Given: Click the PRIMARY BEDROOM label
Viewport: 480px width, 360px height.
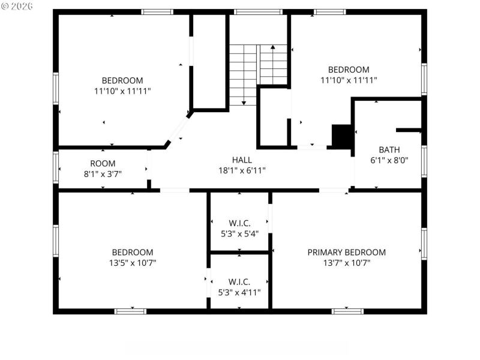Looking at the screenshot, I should (x=346, y=252).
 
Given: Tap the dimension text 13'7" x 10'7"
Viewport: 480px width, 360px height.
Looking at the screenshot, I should (x=346, y=262).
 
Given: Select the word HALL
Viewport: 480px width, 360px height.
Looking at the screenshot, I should (x=242, y=160).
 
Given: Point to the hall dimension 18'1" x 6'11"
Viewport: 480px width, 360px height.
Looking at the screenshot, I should (x=242, y=170).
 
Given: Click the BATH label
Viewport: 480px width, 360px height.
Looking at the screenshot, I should (x=389, y=149).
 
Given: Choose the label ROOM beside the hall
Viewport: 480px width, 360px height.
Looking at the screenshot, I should (x=103, y=163).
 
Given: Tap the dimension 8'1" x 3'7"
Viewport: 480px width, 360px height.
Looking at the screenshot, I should (x=103, y=173).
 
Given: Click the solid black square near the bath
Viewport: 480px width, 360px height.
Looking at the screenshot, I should (x=342, y=135).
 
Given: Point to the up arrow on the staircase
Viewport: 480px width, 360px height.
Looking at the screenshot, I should (x=273, y=47).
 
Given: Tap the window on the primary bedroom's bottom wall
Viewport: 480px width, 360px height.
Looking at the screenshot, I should (x=347, y=311).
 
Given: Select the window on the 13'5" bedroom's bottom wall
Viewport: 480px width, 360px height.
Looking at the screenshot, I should (x=130, y=311).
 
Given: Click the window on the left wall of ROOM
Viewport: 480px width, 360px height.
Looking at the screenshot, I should (x=56, y=167).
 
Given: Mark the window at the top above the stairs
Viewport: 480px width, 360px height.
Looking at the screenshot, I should (x=258, y=11).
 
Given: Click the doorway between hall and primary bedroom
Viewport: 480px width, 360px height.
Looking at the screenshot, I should (x=333, y=190).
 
